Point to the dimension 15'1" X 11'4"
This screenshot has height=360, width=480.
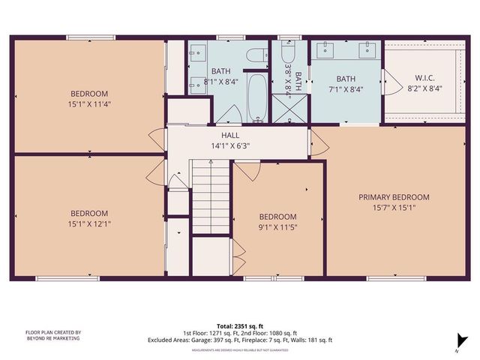tap(89, 104)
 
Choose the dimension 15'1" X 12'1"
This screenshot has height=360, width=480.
tap(89, 223)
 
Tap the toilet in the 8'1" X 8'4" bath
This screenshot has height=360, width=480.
tap(256, 56)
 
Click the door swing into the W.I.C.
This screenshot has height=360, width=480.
tap(389, 79)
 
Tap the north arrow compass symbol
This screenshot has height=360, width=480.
tap(457, 341)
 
